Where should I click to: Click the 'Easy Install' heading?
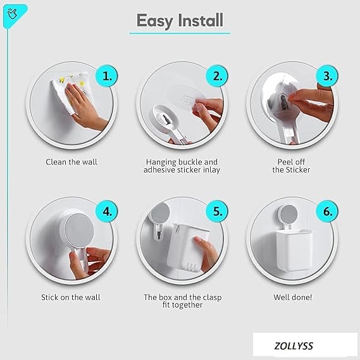(x=180, y=20)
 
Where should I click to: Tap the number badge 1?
(x=108, y=77)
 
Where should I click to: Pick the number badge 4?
(x=108, y=211)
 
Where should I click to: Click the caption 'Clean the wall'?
(x=71, y=162)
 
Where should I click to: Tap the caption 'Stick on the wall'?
(x=71, y=297)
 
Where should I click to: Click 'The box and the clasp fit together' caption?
(x=182, y=301)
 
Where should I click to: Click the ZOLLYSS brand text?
(x=294, y=347)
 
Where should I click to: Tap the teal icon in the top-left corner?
(x=11, y=11)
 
